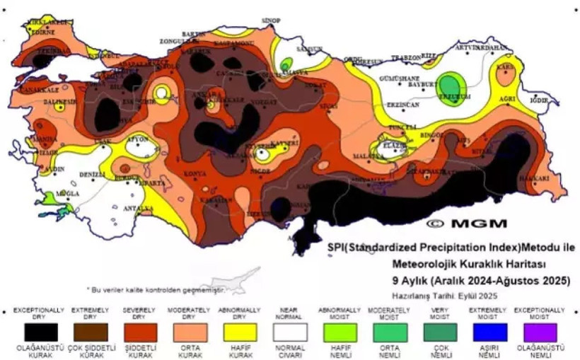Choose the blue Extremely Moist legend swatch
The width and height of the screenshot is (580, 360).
[485, 332]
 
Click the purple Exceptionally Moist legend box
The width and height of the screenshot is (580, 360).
[535, 332]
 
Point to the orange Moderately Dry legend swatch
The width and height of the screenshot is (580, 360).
[187, 332]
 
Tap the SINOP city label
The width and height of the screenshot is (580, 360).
[271, 21]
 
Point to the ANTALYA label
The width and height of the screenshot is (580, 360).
[139, 209]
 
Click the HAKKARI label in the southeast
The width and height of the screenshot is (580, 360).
[535, 178]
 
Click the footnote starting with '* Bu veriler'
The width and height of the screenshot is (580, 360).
[154, 290]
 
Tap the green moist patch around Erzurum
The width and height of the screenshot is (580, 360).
[448, 83]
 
